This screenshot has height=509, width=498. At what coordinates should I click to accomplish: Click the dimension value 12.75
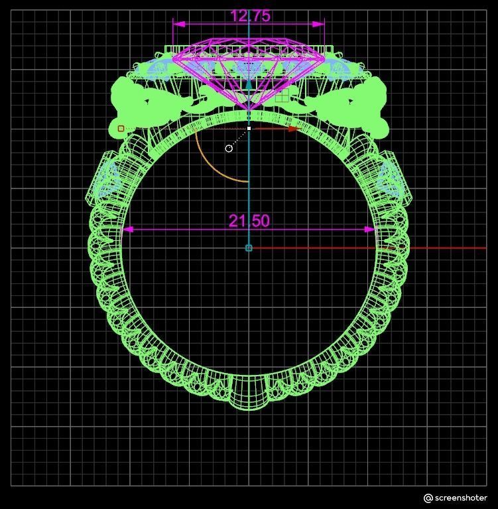[x=249, y=16]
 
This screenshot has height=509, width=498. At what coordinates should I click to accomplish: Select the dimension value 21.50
[x=249, y=221]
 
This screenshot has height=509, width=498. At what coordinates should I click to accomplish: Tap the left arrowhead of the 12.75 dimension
[x=177, y=24]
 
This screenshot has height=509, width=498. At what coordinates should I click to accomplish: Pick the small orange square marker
[x=121, y=129]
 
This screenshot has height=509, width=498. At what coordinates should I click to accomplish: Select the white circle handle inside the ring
[x=229, y=148]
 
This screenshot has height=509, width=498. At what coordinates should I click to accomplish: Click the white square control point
[x=249, y=128]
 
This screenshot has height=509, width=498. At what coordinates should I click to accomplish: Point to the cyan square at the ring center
[x=249, y=248]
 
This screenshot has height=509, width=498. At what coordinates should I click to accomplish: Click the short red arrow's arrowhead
[x=292, y=129]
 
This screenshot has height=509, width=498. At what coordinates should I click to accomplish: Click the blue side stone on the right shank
[x=390, y=179]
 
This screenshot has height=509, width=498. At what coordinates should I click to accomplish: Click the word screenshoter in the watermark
[x=462, y=498]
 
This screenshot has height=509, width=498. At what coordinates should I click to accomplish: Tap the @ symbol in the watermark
[x=428, y=498]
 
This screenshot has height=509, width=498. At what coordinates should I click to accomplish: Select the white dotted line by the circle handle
[x=239, y=138]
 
